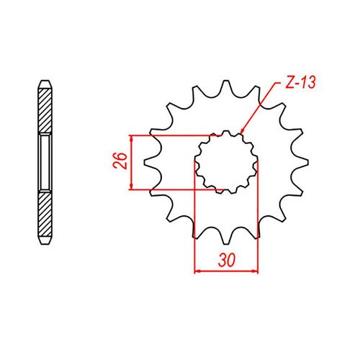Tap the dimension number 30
click(x=226, y=260)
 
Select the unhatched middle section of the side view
click(x=45, y=161)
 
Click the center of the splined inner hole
click(x=227, y=162)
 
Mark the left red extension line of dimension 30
click(x=196, y=216)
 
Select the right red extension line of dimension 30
click(x=258, y=216)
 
